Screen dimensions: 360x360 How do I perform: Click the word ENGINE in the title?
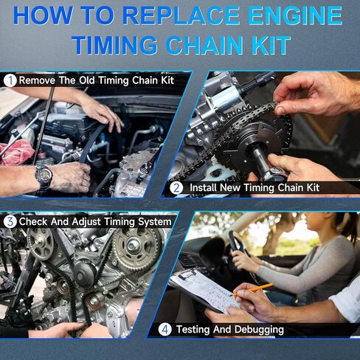click(x=295, y=15)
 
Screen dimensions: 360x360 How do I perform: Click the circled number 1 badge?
click(x=10, y=80)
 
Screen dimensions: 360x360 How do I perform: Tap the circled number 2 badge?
click(x=176, y=188)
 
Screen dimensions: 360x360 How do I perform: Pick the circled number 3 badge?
click(x=10, y=221)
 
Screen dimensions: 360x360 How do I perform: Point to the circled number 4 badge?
click(x=165, y=329)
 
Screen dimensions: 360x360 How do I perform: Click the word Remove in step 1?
click(x=37, y=80)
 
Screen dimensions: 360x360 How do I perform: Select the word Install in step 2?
click(x=204, y=187)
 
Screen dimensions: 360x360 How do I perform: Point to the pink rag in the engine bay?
click(x=16, y=152)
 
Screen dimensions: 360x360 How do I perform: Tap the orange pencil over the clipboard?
click(x=253, y=289)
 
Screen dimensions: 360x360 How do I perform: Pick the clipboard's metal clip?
click(x=187, y=274)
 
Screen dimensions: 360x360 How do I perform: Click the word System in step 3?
click(x=154, y=222)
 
